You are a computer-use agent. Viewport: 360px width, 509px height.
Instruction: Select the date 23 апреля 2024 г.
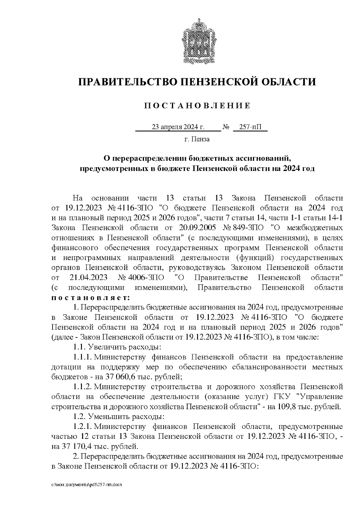point(178,127)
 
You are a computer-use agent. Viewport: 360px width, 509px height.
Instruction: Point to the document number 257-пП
point(250,127)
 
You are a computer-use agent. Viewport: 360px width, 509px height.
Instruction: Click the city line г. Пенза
point(197,139)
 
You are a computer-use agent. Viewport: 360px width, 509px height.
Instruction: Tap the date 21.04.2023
point(88,277)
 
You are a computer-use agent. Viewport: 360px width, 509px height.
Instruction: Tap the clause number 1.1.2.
point(83,387)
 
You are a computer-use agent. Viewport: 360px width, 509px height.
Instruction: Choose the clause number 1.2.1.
point(83,427)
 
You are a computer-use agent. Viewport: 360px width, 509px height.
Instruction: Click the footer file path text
point(87,485)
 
